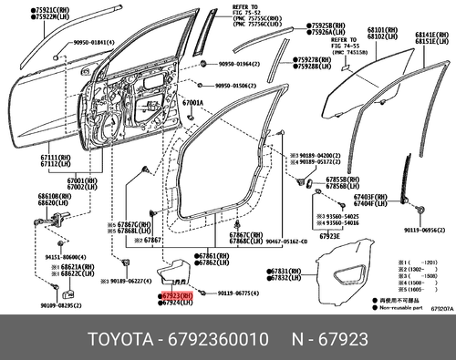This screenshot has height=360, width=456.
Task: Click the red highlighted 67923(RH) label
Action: [x=177, y=296]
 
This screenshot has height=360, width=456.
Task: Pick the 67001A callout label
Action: [x=192, y=103]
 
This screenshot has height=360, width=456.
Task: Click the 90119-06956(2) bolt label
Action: [x=425, y=231]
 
